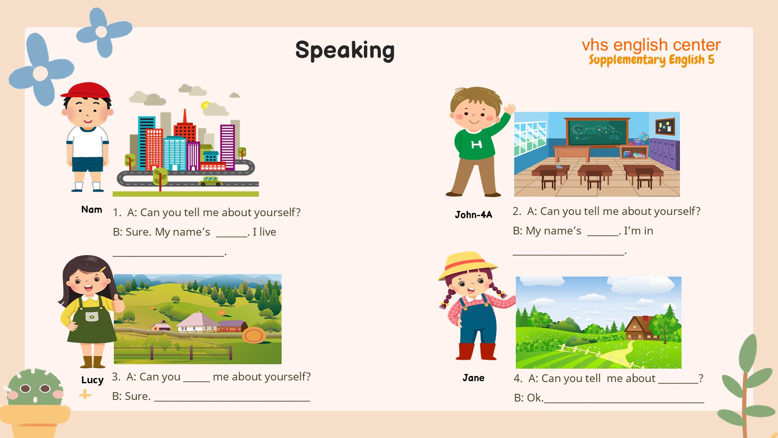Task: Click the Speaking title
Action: (x=345, y=50)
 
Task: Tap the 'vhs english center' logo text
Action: (x=651, y=45)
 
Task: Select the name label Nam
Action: (x=92, y=210)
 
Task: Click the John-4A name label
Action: (x=473, y=215)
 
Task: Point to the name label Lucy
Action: (x=92, y=380)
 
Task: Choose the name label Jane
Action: (x=474, y=378)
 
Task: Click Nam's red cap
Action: (x=86, y=90)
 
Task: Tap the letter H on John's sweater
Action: (x=477, y=144)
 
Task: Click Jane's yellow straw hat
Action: (x=467, y=265)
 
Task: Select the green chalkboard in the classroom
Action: (x=597, y=132)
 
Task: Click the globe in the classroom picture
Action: (x=643, y=137)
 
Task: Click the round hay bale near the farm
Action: (x=254, y=335)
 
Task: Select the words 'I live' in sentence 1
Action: (x=264, y=232)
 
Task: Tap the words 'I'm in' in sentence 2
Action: (x=638, y=231)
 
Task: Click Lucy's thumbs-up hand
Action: (x=118, y=303)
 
